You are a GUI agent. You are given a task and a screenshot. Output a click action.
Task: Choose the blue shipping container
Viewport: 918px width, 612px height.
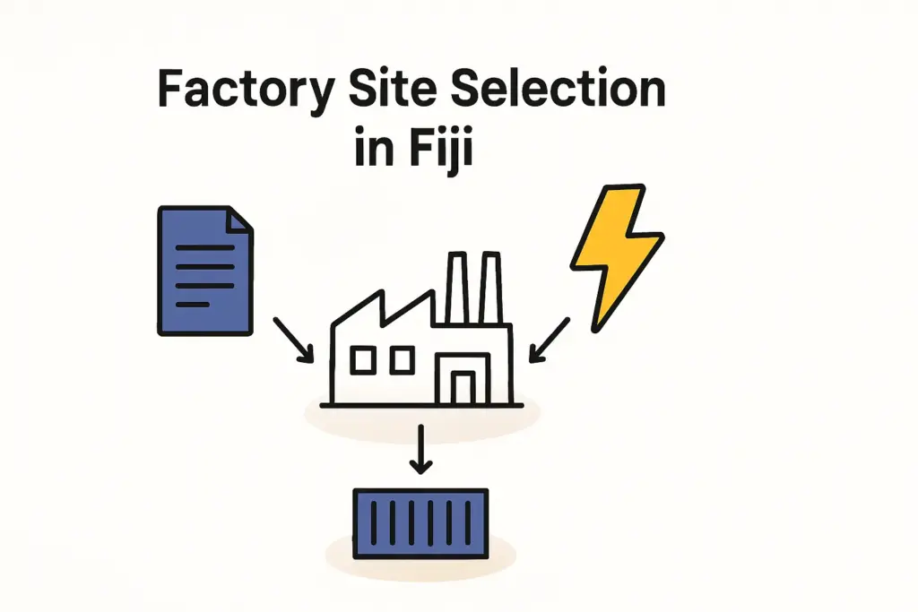[420, 521]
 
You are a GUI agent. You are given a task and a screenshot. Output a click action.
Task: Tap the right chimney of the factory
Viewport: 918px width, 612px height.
[490, 287]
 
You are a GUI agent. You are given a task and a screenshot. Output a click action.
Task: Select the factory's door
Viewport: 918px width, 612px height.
[463, 387]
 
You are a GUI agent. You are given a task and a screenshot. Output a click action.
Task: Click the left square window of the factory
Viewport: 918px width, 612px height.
[363, 360]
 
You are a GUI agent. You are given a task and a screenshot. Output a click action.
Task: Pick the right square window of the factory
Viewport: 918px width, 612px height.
[401, 360]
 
